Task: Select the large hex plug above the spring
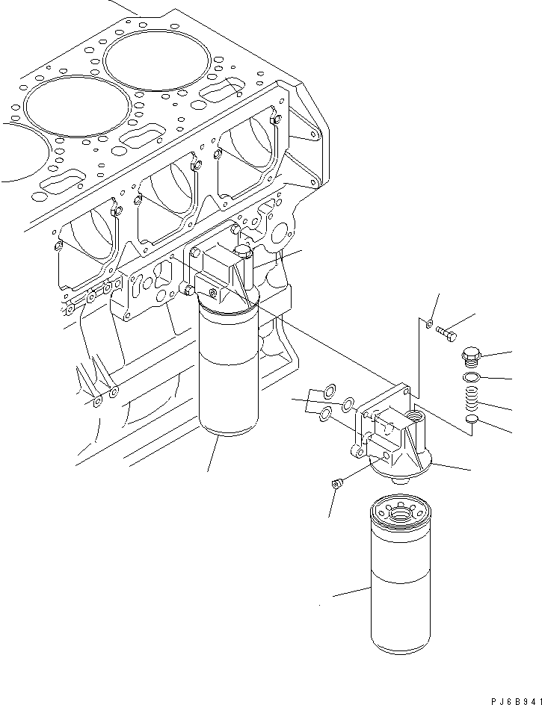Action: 473,355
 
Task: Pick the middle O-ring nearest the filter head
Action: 348,406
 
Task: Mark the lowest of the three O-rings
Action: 326,414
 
